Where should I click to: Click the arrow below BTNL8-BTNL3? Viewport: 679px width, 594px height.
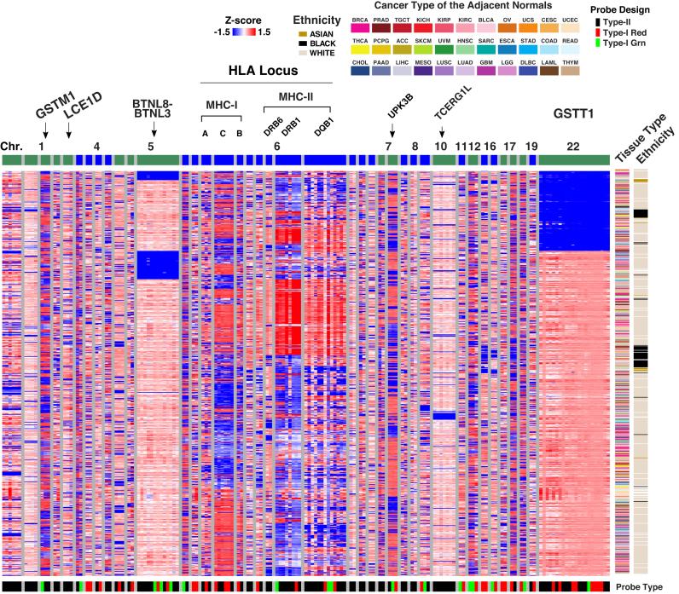pos(154,130)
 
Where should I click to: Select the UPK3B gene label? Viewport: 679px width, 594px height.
pos(393,112)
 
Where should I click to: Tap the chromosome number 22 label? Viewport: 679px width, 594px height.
pos(573,147)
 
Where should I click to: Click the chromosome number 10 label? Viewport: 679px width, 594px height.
pos(441,147)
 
